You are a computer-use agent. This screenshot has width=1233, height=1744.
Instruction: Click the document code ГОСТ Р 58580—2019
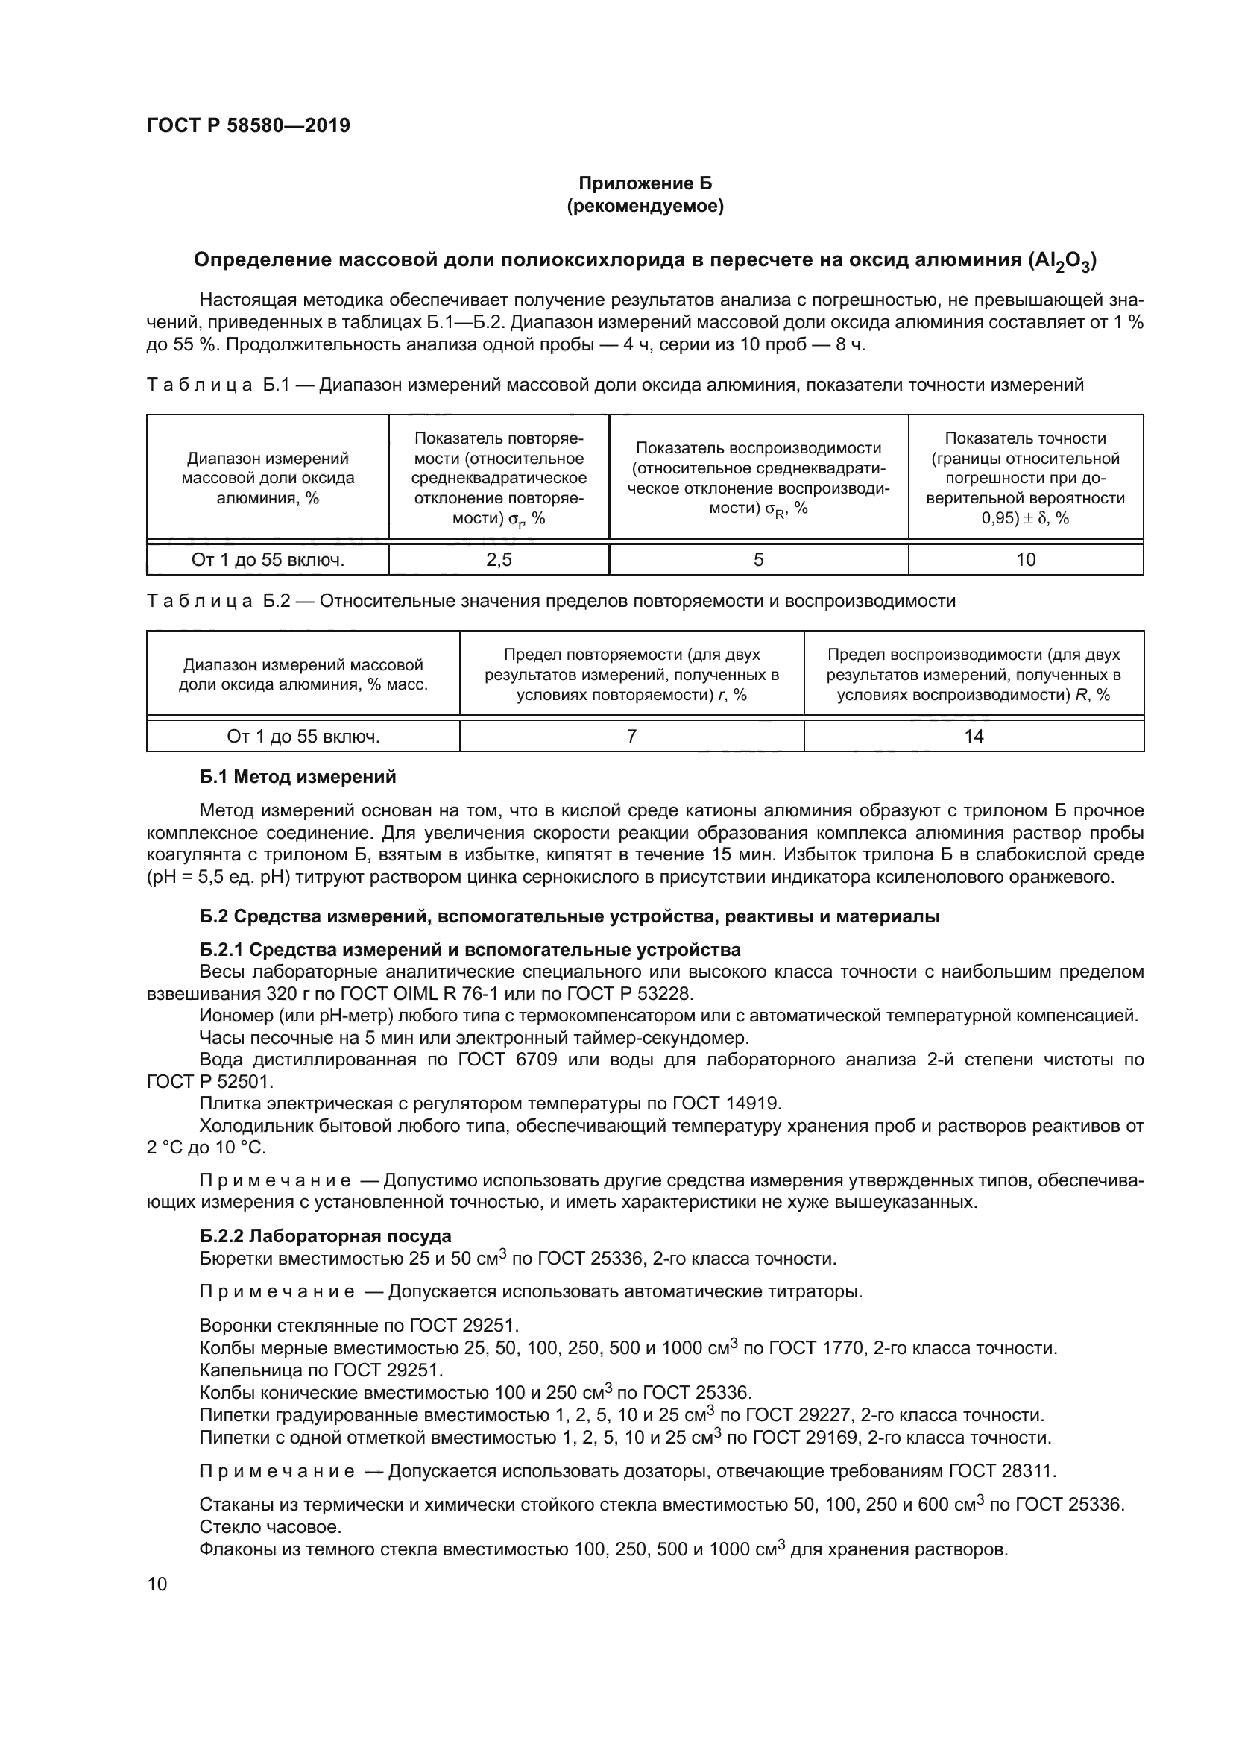coord(248,125)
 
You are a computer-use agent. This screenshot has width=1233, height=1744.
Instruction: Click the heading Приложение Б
coord(645,183)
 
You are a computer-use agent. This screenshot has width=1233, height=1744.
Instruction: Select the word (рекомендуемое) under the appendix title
coord(645,206)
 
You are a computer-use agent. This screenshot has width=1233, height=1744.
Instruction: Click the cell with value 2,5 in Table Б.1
coord(499,560)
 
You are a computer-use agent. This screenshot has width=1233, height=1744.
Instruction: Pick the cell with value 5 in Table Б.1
coord(757,560)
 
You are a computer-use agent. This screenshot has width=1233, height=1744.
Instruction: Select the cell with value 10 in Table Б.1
coord(1025,560)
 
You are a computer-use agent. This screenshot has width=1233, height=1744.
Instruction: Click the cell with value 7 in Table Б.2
coord(631,736)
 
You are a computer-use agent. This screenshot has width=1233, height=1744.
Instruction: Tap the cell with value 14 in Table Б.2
coord(974,736)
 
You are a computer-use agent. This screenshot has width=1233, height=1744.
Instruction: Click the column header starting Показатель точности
coord(1025,478)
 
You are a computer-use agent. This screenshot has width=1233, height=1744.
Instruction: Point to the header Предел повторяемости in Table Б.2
coord(631,675)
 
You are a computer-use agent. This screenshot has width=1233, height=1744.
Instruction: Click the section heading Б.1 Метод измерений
coord(297,777)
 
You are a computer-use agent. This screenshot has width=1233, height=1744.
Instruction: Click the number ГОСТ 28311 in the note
coord(1001,1471)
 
